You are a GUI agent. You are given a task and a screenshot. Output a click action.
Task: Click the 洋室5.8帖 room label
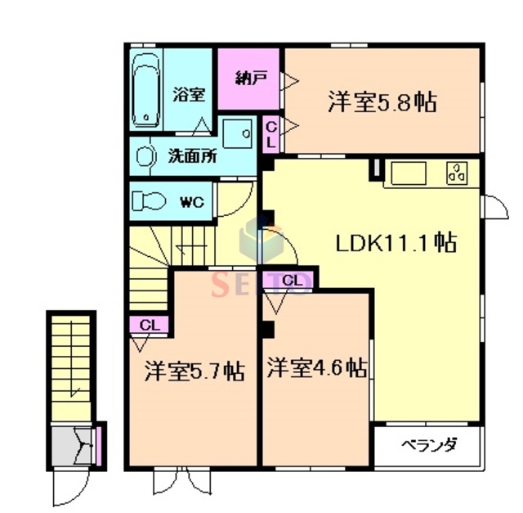[382, 102]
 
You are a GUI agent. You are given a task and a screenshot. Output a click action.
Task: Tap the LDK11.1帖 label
[396, 243]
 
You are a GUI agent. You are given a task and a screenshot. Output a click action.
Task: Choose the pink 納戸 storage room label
[250, 79]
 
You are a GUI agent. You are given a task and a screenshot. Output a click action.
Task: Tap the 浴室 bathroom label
[188, 94]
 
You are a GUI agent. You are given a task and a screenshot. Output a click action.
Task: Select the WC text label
[191, 200]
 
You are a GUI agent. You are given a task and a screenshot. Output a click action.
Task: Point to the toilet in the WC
[150, 200]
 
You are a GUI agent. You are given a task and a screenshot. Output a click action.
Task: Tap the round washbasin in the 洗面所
[145, 155]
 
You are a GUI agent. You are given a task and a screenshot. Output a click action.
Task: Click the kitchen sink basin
[409, 173]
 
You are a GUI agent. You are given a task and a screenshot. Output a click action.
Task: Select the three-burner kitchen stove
[456, 173]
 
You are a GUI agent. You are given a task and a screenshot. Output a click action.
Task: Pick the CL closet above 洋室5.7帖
[148, 324]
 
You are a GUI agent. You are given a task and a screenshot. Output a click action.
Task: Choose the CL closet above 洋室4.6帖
[293, 282]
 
